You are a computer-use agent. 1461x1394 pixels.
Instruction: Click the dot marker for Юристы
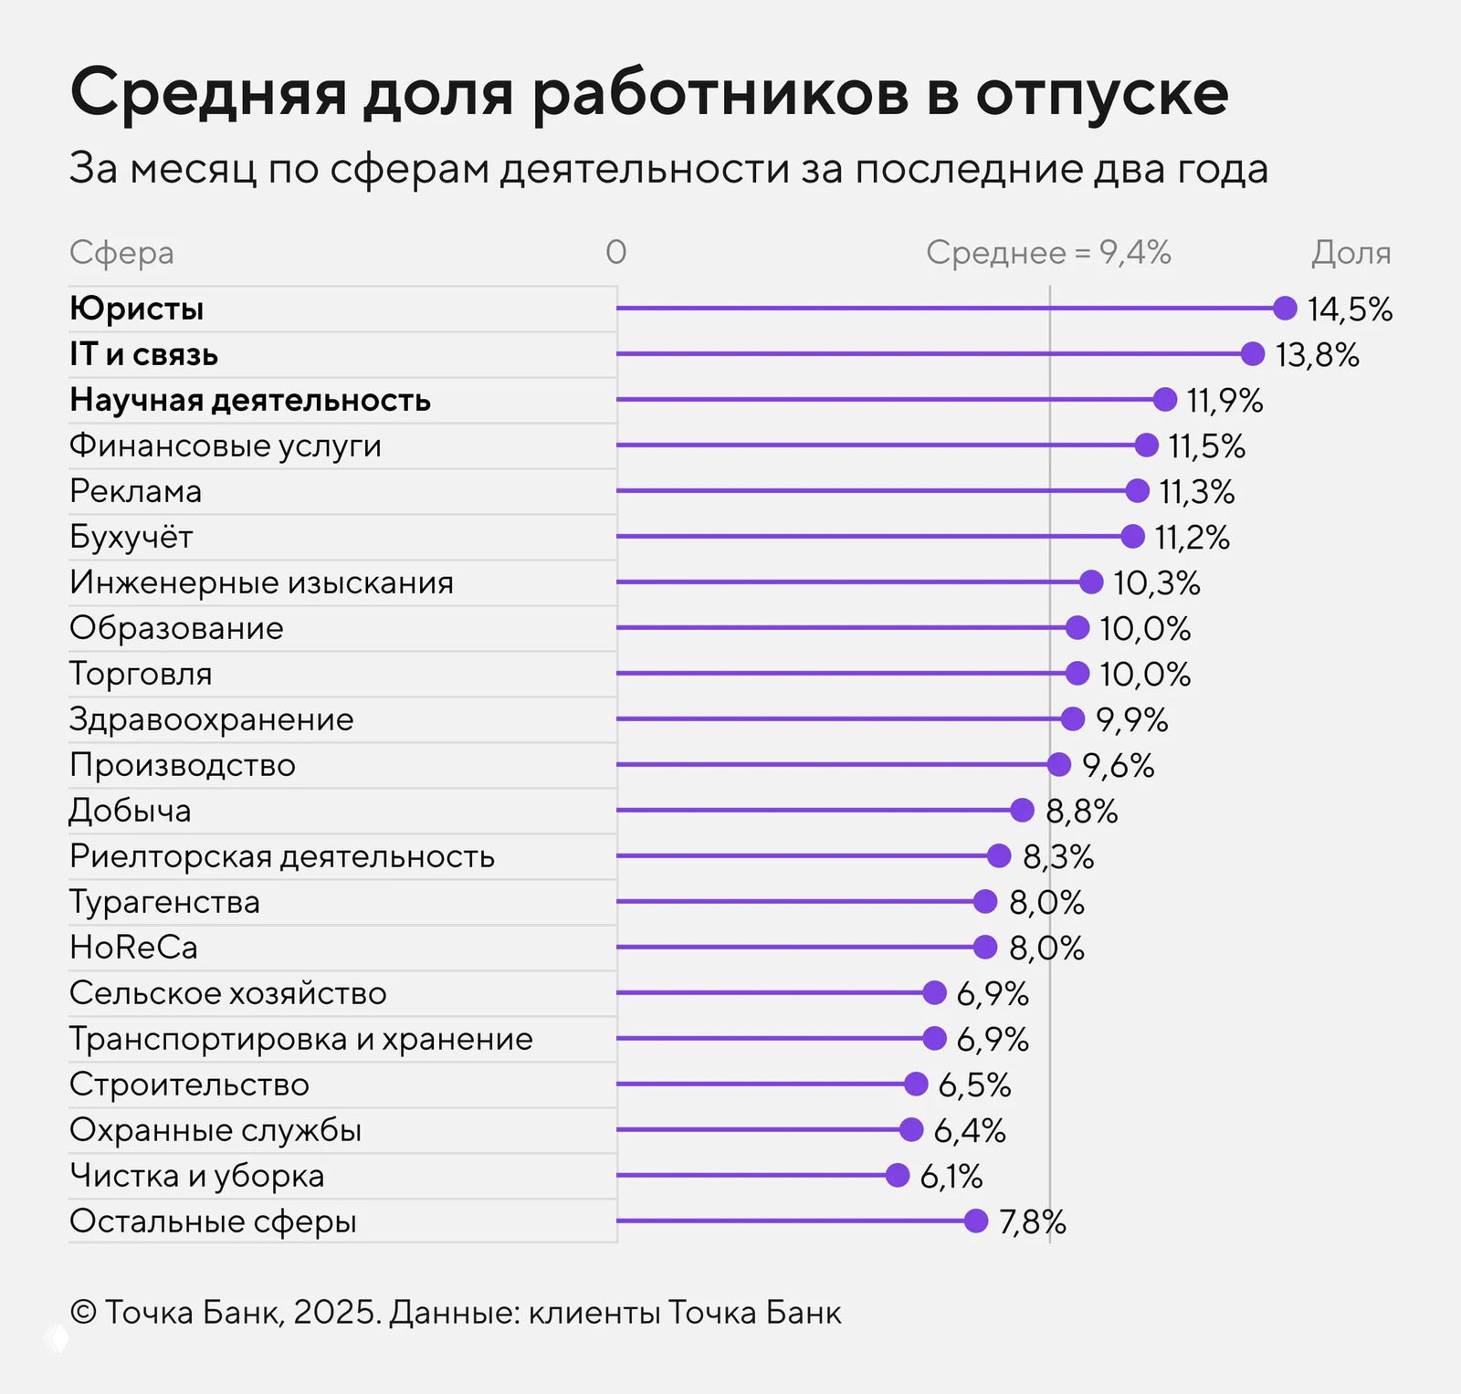coord(1285,309)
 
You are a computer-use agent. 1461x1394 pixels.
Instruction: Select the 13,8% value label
coord(1317,355)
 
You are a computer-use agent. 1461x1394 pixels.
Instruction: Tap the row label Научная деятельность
coord(250,400)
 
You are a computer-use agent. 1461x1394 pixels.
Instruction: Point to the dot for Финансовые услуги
coord(1147,445)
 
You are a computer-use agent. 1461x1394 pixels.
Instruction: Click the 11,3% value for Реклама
coord(1196,492)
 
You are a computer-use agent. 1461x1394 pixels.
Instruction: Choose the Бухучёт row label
coord(131,537)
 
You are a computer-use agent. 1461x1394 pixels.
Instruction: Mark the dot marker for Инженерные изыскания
coord(1091,582)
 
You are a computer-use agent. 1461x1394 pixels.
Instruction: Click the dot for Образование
coord(1077,628)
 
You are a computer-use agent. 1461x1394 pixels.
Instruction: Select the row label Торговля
coord(141,674)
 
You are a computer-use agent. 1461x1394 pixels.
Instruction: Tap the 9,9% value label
coord(1131,720)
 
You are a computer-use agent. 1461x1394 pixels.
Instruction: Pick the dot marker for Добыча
coord(1022,811)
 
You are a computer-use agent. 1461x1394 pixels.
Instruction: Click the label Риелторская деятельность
coord(282,856)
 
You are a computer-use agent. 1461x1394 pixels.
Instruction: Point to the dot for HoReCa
coord(985,948)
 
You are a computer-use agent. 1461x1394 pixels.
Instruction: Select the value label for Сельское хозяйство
coord(993,994)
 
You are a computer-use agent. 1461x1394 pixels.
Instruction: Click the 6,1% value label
coord(951,1177)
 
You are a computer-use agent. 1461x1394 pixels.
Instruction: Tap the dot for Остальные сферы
coord(976,1221)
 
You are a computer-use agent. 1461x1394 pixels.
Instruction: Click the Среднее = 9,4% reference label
coord(1048,253)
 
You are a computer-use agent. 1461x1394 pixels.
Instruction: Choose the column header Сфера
coord(121,253)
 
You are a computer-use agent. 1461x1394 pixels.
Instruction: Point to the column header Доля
coord(1351,253)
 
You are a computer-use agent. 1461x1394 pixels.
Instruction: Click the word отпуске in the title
coord(1102,94)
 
